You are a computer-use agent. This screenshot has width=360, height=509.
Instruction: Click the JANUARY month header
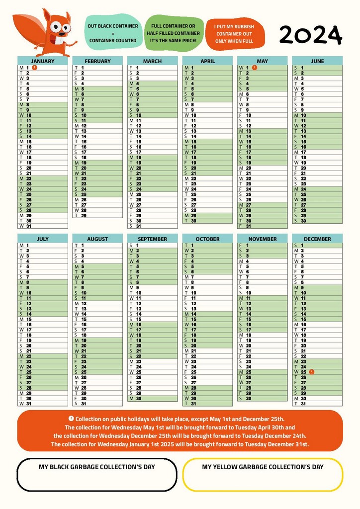[x=42, y=61]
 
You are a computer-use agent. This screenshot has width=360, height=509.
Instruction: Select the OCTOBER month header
[x=207, y=239]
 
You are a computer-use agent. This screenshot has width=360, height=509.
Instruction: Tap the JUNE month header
[x=317, y=61]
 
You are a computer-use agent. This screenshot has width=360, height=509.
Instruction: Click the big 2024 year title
[x=310, y=35]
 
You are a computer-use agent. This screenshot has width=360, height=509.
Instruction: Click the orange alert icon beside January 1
[x=34, y=67]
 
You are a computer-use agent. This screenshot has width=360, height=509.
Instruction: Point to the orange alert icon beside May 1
[x=254, y=67]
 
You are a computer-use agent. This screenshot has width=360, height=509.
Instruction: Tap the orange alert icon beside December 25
[x=311, y=372]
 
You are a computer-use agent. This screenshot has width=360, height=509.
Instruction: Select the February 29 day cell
[x=97, y=215]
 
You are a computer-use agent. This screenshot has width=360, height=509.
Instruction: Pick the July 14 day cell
[x=42, y=314]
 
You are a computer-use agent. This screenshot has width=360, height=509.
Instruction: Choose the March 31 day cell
[x=152, y=226]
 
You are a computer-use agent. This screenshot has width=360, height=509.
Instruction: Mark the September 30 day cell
[x=152, y=398]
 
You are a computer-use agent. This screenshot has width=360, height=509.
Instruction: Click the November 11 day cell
[x=262, y=298]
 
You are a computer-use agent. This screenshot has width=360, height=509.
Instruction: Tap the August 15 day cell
[x=97, y=319]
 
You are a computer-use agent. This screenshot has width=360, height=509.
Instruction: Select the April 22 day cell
[x=207, y=178]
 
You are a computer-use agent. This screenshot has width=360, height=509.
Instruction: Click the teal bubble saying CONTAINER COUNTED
[x=112, y=33]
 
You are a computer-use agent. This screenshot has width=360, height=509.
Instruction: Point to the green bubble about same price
[x=173, y=33]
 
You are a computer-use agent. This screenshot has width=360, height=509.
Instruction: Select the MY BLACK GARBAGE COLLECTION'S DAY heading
[x=97, y=467]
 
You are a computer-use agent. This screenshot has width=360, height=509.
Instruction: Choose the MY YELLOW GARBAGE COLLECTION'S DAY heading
[x=263, y=467]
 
